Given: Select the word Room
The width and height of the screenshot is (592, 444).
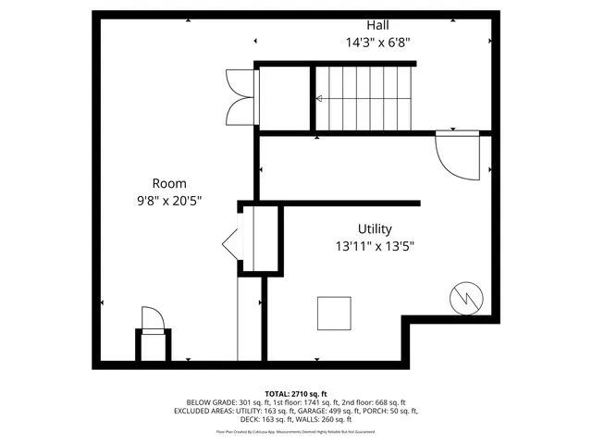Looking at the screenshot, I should point(169,182).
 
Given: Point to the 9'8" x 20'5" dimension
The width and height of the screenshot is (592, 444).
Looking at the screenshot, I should point(169,199).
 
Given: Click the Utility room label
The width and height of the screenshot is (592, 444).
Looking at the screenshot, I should point(375,228).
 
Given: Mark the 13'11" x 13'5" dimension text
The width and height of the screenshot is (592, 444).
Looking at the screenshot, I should point(375,246).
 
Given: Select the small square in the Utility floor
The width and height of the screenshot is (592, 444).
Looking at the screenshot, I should point(334,313).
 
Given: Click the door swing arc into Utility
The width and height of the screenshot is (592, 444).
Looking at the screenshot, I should point(456,155).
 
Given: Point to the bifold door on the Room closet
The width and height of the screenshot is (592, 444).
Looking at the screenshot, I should point(232,245).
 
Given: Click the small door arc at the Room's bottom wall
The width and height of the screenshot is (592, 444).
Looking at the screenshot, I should point(153,318).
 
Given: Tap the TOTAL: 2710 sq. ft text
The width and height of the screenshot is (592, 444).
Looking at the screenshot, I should point(296,394).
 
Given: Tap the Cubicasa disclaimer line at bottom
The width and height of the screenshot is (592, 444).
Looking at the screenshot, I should point(296,431).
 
